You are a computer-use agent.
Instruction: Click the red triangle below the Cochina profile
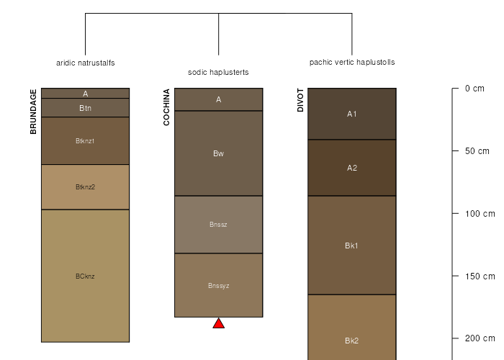pyautogui.click(x=219, y=324)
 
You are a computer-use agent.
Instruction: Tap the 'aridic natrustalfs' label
pyautogui.click(x=86, y=63)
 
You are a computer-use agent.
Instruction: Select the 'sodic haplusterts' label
pyautogui.click(x=218, y=72)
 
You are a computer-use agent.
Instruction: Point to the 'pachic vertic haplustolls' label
pyautogui.click(x=352, y=63)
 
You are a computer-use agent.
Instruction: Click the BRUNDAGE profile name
pyautogui.click(x=33, y=112)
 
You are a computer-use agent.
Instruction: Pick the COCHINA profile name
pyautogui.click(x=166, y=107)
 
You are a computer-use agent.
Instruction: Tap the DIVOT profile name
pyautogui.click(x=300, y=100)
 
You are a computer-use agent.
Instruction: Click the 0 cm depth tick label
pyautogui.click(x=474, y=89)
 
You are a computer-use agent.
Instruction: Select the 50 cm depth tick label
pyautogui.click(x=477, y=151)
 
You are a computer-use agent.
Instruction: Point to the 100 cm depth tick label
pyautogui.click(x=480, y=214)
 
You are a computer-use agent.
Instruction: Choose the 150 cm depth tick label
pyautogui.click(x=480, y=276)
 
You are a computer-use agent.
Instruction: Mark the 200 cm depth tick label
pyautogui.click(x=480, y=338)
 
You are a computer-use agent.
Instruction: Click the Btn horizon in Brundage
pyautogui.click(x=85, y=108)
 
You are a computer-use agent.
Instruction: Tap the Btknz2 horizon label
pyautogui.click(x=85, y=187)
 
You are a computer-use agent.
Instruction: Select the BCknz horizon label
pyautogui.click(x=85, y=276)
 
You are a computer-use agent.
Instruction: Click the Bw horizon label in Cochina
pyautogui.click(x=219, y=153)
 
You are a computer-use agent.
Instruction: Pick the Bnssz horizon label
pyautogui.click(x=219, y=225)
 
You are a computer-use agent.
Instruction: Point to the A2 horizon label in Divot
pyautogui.click(x=352, y=168)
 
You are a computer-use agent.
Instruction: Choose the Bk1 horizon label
pyautogui.click(x=351, y=246)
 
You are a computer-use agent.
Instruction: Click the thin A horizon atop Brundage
pyautogui.click(x=85, y=93)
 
